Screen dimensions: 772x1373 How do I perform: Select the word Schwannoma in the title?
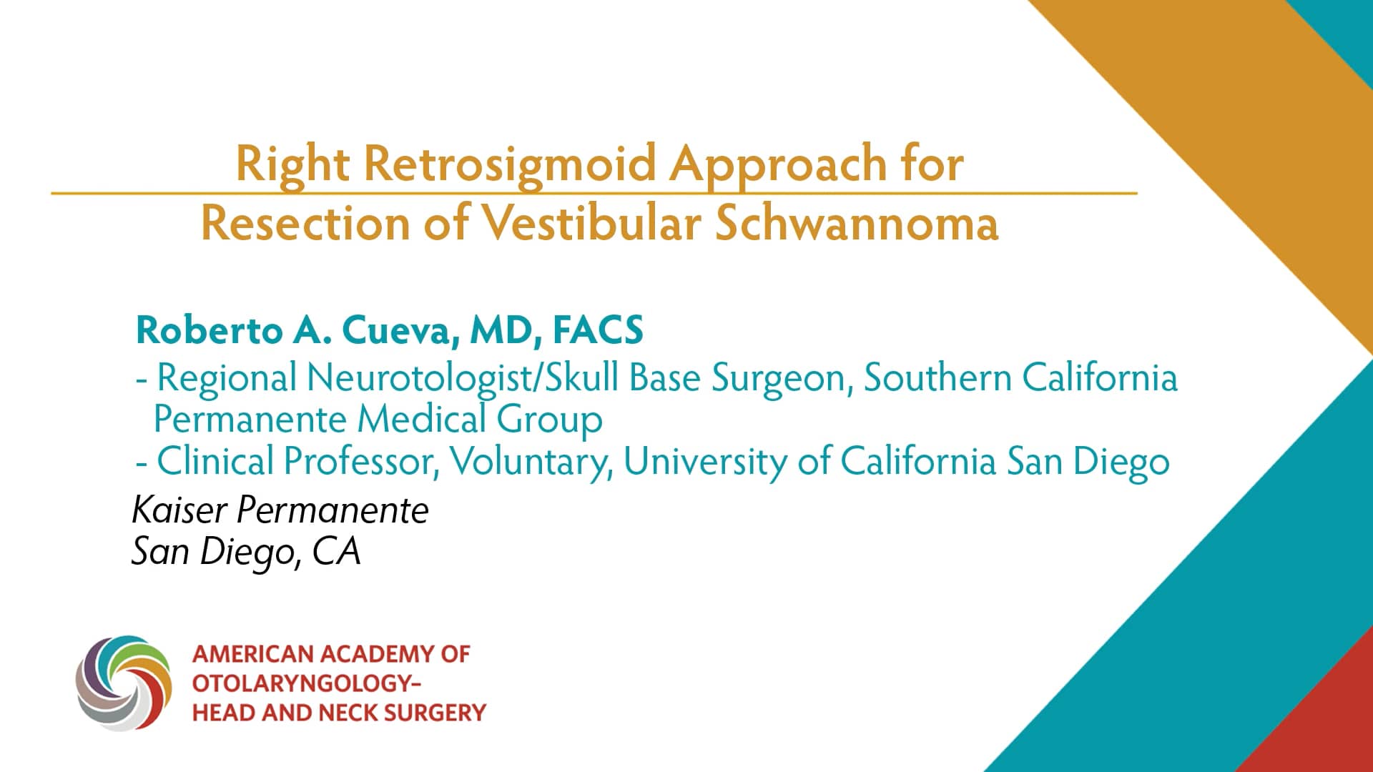click(x=856, y=223)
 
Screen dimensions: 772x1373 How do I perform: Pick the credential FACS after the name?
click(x=598, y=330)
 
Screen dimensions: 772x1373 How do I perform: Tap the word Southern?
click(x=937, y=377)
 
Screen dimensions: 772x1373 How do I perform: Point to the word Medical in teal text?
click(x=421, y=419)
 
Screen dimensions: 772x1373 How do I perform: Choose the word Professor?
click(x=361, y=461)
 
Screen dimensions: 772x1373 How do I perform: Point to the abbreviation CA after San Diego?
click(x=336, y=552)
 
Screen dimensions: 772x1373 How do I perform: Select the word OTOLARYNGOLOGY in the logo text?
click(x=301, y=683)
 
